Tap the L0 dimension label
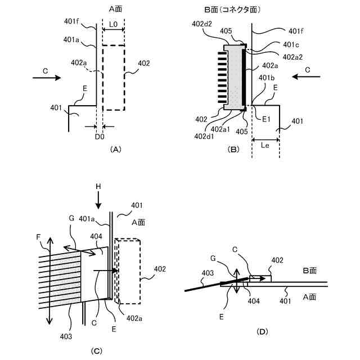(113, 25)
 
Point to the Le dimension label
(265, 145)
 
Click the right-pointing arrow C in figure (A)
(47, 78)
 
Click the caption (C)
(97, 351)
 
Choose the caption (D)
(261, 331)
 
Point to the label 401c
(291, 45)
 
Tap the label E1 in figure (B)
(267, 119)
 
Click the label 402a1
(220, 129)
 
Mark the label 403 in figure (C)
(66, 336)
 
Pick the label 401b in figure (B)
(266, 77)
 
